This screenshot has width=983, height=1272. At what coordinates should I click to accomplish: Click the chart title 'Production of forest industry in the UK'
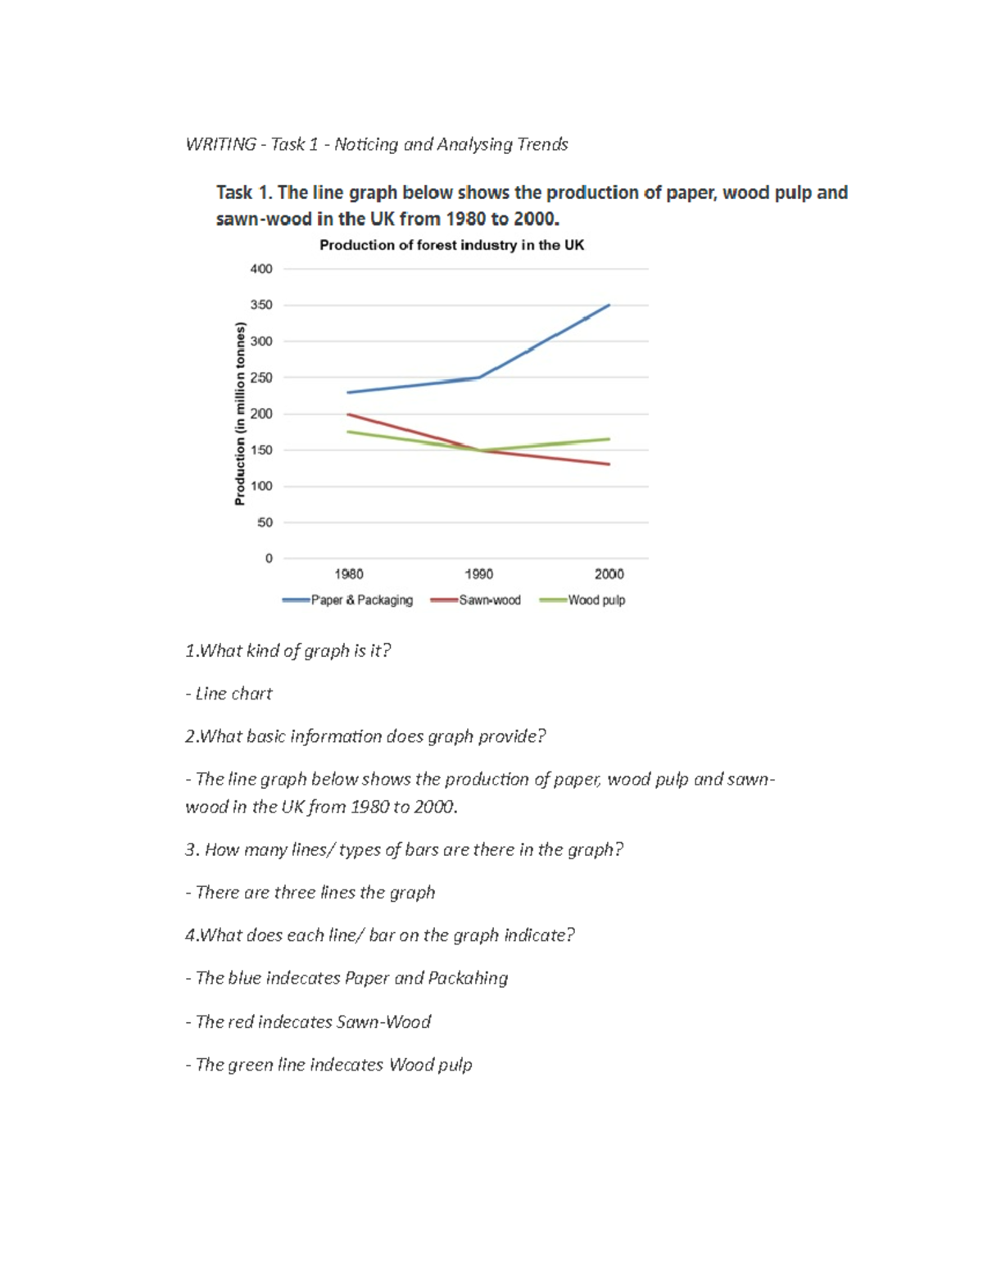451,245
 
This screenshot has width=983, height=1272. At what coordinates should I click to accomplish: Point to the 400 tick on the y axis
261,269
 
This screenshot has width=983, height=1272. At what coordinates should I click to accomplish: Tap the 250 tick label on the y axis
261,378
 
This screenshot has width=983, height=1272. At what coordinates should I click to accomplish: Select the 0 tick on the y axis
269,559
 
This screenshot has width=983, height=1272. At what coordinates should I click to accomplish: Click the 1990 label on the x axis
479,574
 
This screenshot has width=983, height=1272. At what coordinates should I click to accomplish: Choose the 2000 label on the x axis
609,574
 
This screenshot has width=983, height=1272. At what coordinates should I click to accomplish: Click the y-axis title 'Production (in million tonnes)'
240,414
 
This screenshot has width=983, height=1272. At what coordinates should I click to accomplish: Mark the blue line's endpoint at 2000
609,306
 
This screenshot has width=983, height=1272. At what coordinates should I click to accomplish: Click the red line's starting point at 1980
349,414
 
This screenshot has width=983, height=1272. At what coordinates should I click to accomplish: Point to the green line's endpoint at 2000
609,439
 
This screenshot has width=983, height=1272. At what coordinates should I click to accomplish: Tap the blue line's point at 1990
479,378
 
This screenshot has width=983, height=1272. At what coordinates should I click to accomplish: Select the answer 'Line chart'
233,694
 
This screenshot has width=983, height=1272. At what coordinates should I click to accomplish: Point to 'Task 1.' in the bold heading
243,192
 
